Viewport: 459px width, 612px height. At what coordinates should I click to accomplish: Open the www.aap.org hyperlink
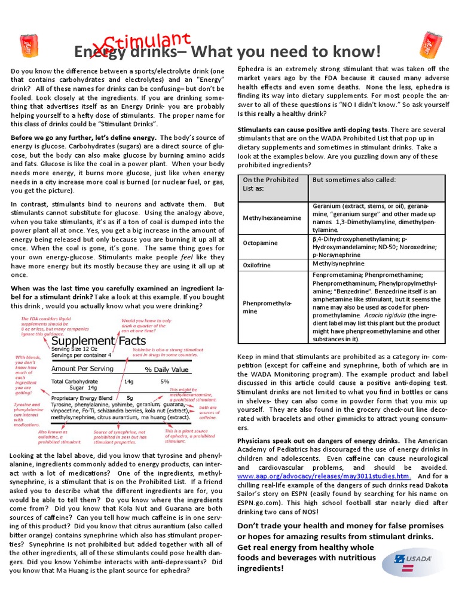coord(324,476)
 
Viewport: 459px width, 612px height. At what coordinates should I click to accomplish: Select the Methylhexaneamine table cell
coord(272,218)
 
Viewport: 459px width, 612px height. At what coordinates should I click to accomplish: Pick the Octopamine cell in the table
coord(260,243)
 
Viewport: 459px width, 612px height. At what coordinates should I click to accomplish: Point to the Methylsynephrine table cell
coord(338,264)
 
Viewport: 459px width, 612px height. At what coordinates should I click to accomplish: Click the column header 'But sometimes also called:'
coord(354,179)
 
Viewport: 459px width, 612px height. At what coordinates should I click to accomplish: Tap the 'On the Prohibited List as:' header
coord(271,183)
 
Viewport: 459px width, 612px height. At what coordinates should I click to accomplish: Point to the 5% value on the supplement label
coord(164,381)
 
